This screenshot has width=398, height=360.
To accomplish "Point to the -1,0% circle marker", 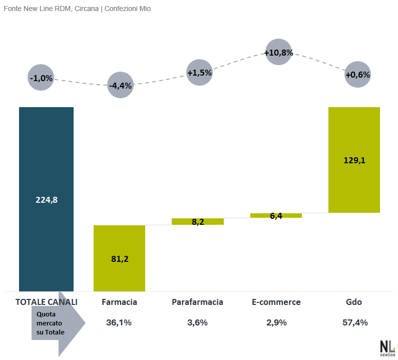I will coord(41,78).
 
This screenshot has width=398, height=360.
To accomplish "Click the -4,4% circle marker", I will coord(120,85).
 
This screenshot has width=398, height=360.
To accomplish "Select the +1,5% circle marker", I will coord(199,73).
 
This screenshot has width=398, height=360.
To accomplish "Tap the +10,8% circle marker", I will coord(278,52).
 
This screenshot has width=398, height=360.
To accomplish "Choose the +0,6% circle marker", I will coord(357,75).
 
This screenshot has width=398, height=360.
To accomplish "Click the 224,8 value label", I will coord(47,199).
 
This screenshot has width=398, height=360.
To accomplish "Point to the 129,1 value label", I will coord(354,161).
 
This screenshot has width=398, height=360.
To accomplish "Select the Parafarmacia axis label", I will coord(197,302).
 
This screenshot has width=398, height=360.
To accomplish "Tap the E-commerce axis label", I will coord(276,302).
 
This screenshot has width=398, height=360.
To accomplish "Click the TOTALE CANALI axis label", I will coord(47,302).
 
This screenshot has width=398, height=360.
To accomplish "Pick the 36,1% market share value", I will coord(119,322).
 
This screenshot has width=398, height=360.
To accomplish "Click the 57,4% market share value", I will coord(355,322).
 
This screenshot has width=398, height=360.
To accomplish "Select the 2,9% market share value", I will coord(276,322).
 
